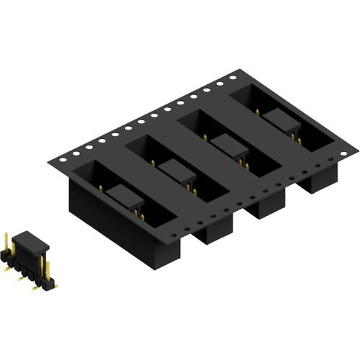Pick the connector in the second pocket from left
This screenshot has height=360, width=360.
176,172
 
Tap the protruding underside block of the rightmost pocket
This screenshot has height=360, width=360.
317,180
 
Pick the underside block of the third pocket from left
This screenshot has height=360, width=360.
266,205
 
